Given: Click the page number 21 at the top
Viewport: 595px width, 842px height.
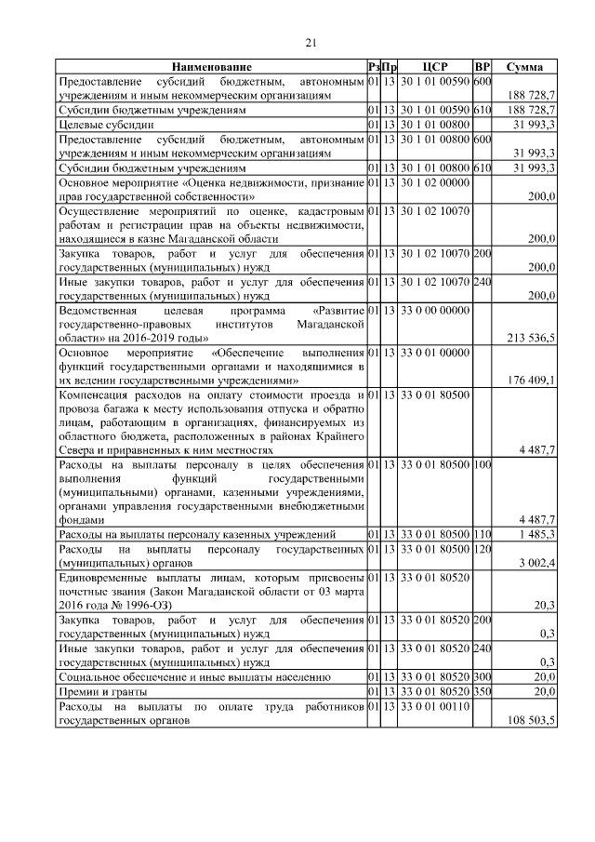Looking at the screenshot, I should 311,41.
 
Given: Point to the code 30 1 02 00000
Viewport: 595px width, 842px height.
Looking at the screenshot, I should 435,182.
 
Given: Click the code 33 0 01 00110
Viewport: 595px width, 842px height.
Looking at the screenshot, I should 435,707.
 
